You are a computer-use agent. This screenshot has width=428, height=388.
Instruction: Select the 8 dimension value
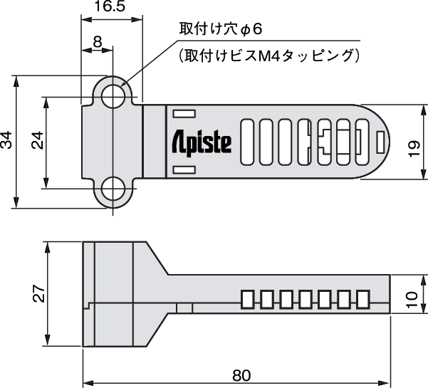pos(98,43)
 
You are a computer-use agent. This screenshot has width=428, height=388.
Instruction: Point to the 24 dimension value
pos(37,141)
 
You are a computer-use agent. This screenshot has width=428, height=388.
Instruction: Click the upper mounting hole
pos(113,95)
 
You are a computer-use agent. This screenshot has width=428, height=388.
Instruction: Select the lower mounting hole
pos(113,189)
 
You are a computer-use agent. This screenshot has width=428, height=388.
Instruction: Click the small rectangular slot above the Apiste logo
pos(184,112)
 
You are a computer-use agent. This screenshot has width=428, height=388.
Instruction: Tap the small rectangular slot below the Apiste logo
pos(184,169)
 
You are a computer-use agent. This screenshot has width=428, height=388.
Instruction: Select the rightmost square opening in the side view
pos(363,299)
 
